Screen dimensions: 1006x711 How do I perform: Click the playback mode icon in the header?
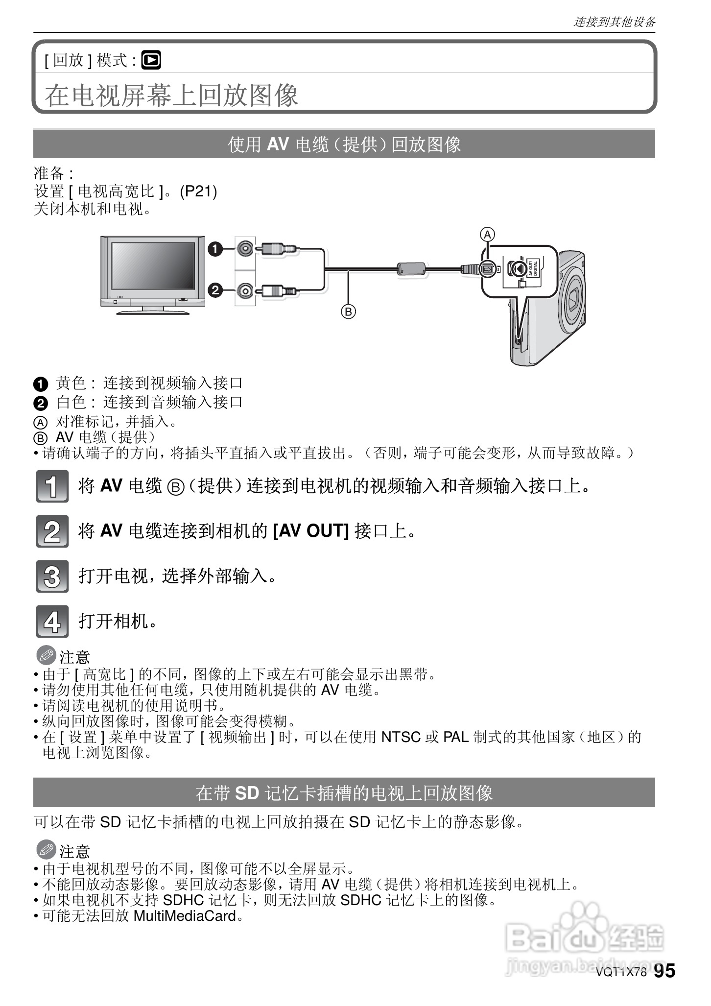point(151,60)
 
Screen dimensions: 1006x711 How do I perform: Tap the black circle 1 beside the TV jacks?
point(214,249)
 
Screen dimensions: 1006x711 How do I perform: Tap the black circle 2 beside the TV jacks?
point(214,290)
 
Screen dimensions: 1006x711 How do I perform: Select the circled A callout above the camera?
point(487,235)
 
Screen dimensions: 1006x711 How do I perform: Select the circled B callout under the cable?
point(348,311)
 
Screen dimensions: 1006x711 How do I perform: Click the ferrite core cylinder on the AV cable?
point(410,268)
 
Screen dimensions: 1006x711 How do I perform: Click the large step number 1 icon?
point(52,486)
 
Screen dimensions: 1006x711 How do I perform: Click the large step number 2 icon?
point(52,531)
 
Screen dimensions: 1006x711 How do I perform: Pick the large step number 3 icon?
point(52,576)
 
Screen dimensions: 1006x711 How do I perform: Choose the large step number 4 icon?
point(52,622)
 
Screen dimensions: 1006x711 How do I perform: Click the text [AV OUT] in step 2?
point(310,530)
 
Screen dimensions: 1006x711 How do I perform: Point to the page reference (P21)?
point(198,192)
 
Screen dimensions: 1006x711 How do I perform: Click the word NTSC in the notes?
point(401,737)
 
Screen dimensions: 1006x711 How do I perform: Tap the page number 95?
point(664,970)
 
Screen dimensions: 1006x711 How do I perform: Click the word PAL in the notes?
point(456,737)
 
